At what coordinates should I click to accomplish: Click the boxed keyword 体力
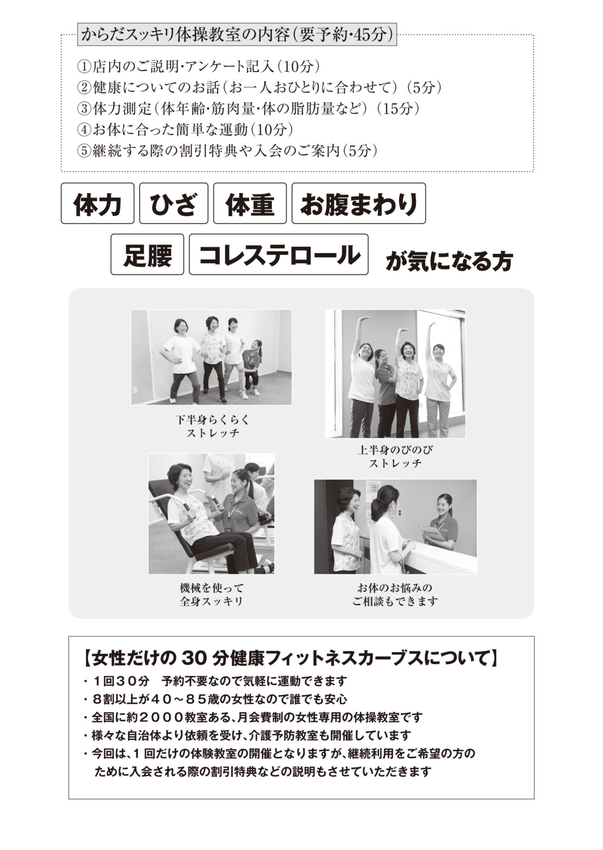[x=97, y=203]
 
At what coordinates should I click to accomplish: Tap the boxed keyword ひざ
[x=174, y=203]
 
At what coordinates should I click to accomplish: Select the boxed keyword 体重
[x=250, y=203]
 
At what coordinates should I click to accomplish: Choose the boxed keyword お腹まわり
[x=359, y=203]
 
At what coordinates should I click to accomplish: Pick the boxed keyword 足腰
[x=147, y=255]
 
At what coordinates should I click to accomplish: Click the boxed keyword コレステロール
[x=279, y=255]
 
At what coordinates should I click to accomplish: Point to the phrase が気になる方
[x=449, y=262]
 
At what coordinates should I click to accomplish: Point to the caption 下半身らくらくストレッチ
[x=213, y=426]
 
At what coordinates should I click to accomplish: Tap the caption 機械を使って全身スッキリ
[x=211, y=595]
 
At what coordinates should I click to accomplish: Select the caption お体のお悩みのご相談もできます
[x=395, y=595]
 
